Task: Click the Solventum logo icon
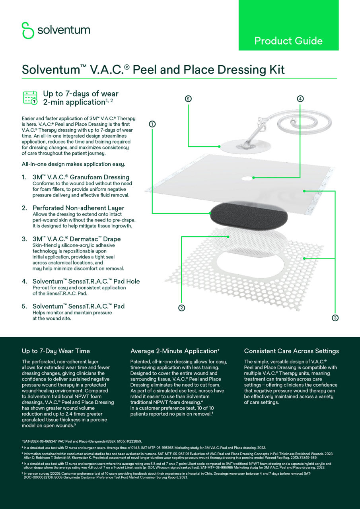click(x=28, y=30)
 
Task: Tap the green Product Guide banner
click(x=288, y=25)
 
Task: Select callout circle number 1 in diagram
click(x=152, y=124)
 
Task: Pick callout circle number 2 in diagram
click(x=181, y=307)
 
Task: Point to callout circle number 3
click(x=335, y=318)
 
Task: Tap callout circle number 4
click(x=300, y=99)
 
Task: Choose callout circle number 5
click(x=189, y=99)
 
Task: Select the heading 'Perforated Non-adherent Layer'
click(x=78, y=208)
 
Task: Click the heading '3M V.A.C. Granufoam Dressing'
click(x=81, y=177)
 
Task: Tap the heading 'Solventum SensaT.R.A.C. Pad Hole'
click(x=86, y=281)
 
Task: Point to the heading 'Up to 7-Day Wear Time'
click(x=56, y=351)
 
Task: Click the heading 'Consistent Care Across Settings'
click(x=291, y=351)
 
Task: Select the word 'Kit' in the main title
click(x=277, y=70)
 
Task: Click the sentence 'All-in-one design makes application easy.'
click(x=74, y=164)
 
